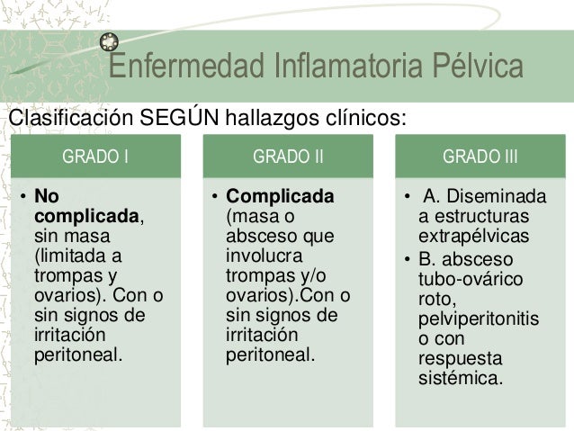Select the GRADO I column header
[94, 157]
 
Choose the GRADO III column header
[480, 157]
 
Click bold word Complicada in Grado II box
[280, 195]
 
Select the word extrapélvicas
[473, 236]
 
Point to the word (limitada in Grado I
[67, 255]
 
